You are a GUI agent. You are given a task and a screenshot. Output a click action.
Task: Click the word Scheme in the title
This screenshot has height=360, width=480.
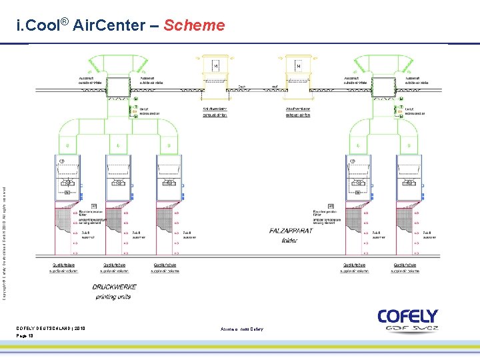194,26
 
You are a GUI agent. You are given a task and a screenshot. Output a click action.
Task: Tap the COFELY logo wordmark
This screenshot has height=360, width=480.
407,316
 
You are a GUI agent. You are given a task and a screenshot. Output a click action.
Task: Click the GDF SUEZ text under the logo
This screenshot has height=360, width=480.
407,328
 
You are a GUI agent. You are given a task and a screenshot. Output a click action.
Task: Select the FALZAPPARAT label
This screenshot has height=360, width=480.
290,231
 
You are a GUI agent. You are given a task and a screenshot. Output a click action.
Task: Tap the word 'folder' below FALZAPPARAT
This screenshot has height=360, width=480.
290,240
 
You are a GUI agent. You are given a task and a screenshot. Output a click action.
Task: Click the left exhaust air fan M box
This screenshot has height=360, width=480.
215,67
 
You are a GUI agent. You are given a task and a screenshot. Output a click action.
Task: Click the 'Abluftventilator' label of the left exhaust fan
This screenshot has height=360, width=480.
215,109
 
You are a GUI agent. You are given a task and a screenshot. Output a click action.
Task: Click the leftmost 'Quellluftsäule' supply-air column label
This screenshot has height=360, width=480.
80,265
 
